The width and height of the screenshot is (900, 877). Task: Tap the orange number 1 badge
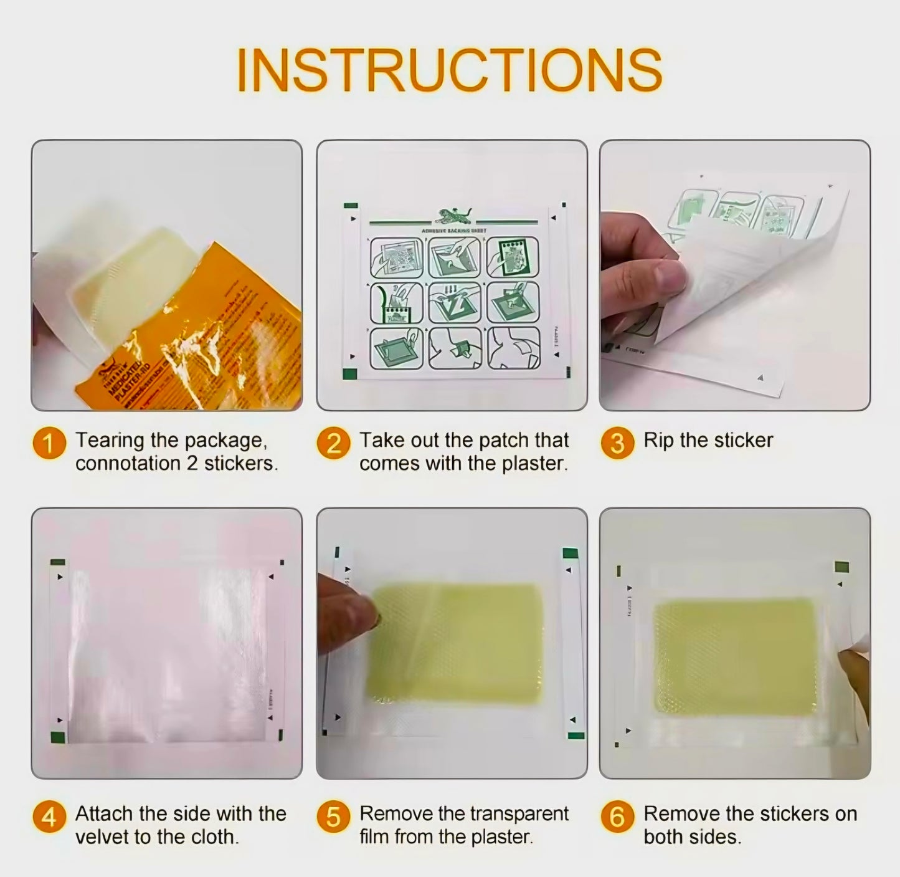49,444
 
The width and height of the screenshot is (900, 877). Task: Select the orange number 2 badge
333,444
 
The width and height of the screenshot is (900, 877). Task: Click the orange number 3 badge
617,443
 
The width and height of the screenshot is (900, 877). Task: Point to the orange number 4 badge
49,817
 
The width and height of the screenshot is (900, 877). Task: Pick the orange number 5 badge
333,817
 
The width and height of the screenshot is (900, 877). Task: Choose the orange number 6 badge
617,817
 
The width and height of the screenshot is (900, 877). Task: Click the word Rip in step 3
659,440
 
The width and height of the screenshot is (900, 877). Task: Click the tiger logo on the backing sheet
453,216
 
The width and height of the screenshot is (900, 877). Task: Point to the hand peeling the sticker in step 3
642,262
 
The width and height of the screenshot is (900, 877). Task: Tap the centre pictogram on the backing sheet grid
454,302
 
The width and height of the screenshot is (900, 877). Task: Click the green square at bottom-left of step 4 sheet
58,738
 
